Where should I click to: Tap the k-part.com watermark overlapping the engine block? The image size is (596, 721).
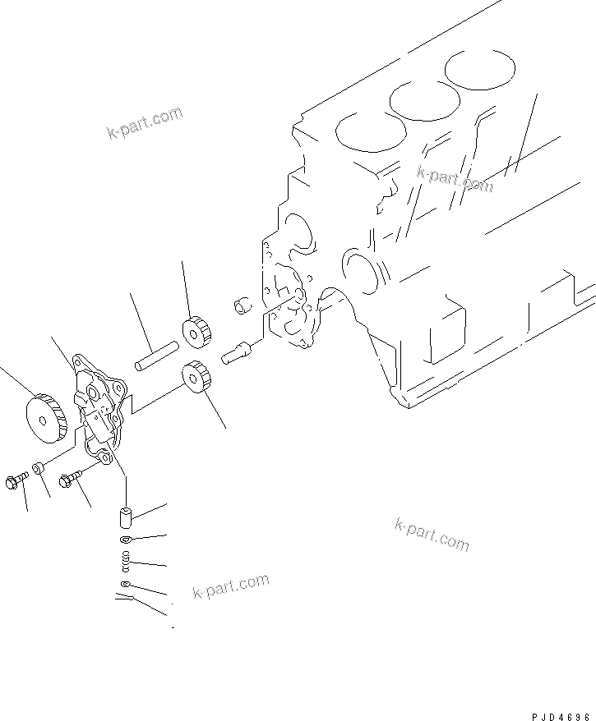point(454,178)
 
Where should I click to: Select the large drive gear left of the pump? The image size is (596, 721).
point(44,412)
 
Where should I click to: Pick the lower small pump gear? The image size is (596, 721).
point(196,378)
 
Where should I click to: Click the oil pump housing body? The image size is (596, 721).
point(100,402)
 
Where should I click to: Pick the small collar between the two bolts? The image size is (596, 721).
point(38,470)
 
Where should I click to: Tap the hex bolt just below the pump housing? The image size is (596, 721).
point(72,476)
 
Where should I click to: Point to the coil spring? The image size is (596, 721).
point(125,562)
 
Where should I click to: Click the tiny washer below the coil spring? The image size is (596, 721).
point(123,584)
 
